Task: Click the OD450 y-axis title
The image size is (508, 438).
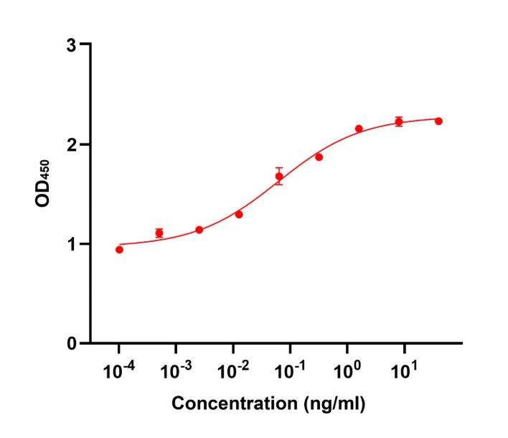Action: click(44, 185)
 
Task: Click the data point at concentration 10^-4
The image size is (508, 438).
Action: click(119, 249)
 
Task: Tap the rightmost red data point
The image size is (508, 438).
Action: click(438, 121)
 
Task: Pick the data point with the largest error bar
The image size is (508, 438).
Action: click(279, 176)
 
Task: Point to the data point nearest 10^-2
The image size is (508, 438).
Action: click(239, 214)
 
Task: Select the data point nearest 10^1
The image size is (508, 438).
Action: click(399, 121)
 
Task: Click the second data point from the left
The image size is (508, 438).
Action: click(159, 233)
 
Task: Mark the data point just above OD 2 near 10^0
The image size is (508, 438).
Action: click(359, 129)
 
